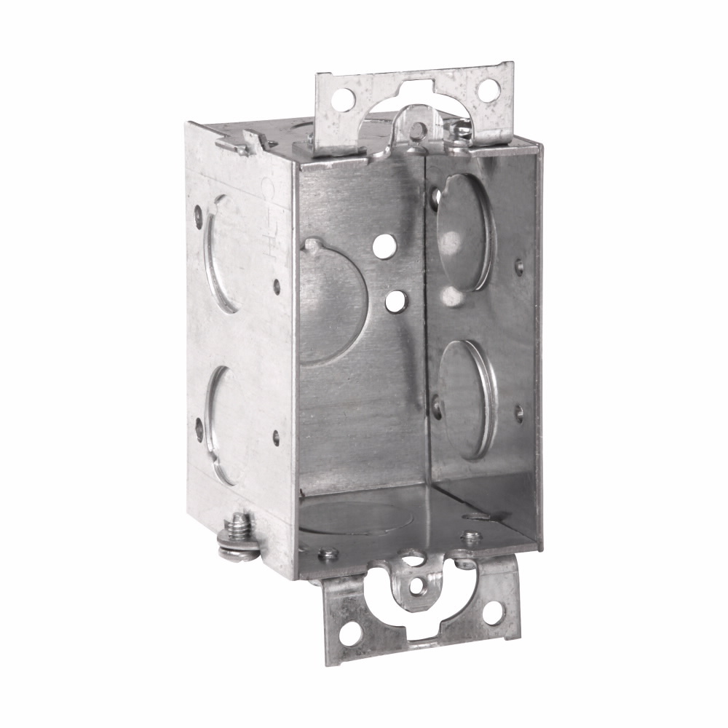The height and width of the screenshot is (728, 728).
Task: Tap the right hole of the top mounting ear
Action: (488, 90)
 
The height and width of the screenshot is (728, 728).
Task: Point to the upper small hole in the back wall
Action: (380, 248)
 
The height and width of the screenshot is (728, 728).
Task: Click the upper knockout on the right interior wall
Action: (464, 232)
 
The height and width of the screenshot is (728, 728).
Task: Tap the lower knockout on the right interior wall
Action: (466, 398)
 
